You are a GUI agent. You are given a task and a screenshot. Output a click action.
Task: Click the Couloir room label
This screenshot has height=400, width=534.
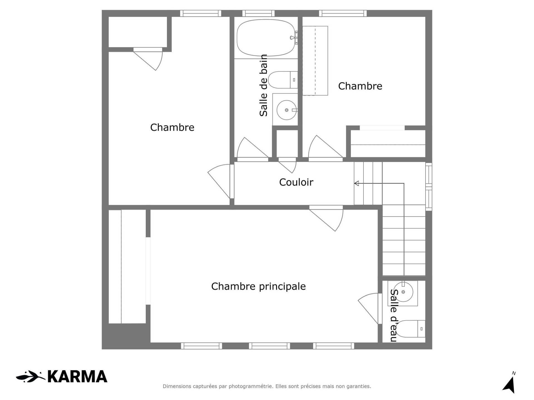(296, 182)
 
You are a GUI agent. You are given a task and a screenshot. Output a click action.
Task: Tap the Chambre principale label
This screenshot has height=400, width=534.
(258, 286)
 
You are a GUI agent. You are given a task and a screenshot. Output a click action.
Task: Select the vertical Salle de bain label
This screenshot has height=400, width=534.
(263, 85)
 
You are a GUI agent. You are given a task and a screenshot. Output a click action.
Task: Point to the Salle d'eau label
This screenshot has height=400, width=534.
(393, 315)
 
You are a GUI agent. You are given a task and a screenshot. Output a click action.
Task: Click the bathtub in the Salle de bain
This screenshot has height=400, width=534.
(266, 37)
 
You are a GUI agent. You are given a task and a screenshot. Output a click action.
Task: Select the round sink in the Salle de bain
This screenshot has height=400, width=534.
(286, 110)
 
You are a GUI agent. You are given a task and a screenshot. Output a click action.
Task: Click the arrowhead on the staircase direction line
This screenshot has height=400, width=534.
(356, 183)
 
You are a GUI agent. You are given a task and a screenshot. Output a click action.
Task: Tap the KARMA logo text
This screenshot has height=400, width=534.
(77, 377)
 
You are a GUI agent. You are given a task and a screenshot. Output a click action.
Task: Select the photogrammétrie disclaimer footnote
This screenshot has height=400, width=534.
(267, 386)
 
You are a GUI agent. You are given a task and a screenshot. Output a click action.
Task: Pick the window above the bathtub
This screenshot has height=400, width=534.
(258, 13)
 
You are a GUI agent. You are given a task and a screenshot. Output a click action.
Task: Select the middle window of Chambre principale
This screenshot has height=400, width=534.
(269, 346)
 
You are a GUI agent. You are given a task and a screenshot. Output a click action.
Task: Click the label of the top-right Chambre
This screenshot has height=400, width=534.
(360, 86)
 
